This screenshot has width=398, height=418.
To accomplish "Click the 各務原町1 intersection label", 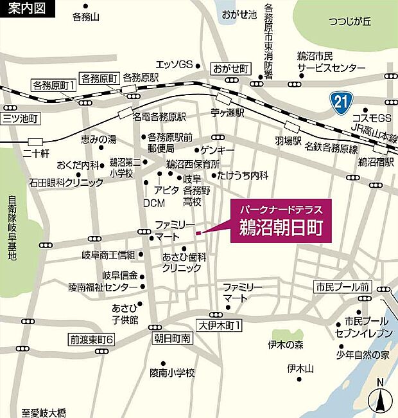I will pos(54,85).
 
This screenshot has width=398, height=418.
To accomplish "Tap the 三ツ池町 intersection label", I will pos(21,118).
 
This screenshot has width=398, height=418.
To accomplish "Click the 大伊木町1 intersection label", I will pos(219,326).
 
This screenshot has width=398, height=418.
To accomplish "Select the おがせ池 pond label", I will pos(239,14).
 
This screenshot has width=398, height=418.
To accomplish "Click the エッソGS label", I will pos(175,64).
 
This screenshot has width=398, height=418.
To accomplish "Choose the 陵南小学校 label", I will pos(172,372).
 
